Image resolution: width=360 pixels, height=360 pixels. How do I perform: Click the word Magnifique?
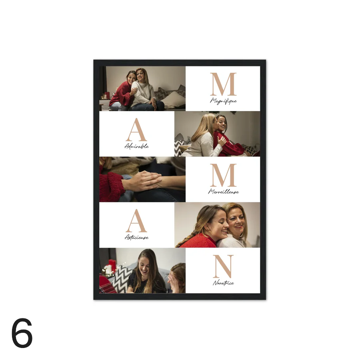point(223,101)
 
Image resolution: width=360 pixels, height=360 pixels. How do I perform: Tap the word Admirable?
point(137,146)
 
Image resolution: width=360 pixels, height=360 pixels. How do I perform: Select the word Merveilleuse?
point(223,192)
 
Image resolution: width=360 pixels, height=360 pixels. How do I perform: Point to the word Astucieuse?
point(137,237)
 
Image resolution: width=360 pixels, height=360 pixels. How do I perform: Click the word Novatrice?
point(223,283)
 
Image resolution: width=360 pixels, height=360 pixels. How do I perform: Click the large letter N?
point(223,266)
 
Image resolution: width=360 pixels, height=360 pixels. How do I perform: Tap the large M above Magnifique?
point(223,84)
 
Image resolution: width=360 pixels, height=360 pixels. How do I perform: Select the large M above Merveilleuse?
point(223,175)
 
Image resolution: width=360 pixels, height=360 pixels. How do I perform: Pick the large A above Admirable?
point(136,130)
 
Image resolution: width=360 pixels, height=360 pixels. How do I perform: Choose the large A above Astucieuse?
point(136,221)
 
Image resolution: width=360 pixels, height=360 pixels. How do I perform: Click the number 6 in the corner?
point(22,333)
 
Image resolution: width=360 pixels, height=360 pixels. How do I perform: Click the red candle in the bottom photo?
point(112,266)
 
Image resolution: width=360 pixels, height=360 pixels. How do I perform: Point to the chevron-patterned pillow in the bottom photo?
point(121,279)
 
